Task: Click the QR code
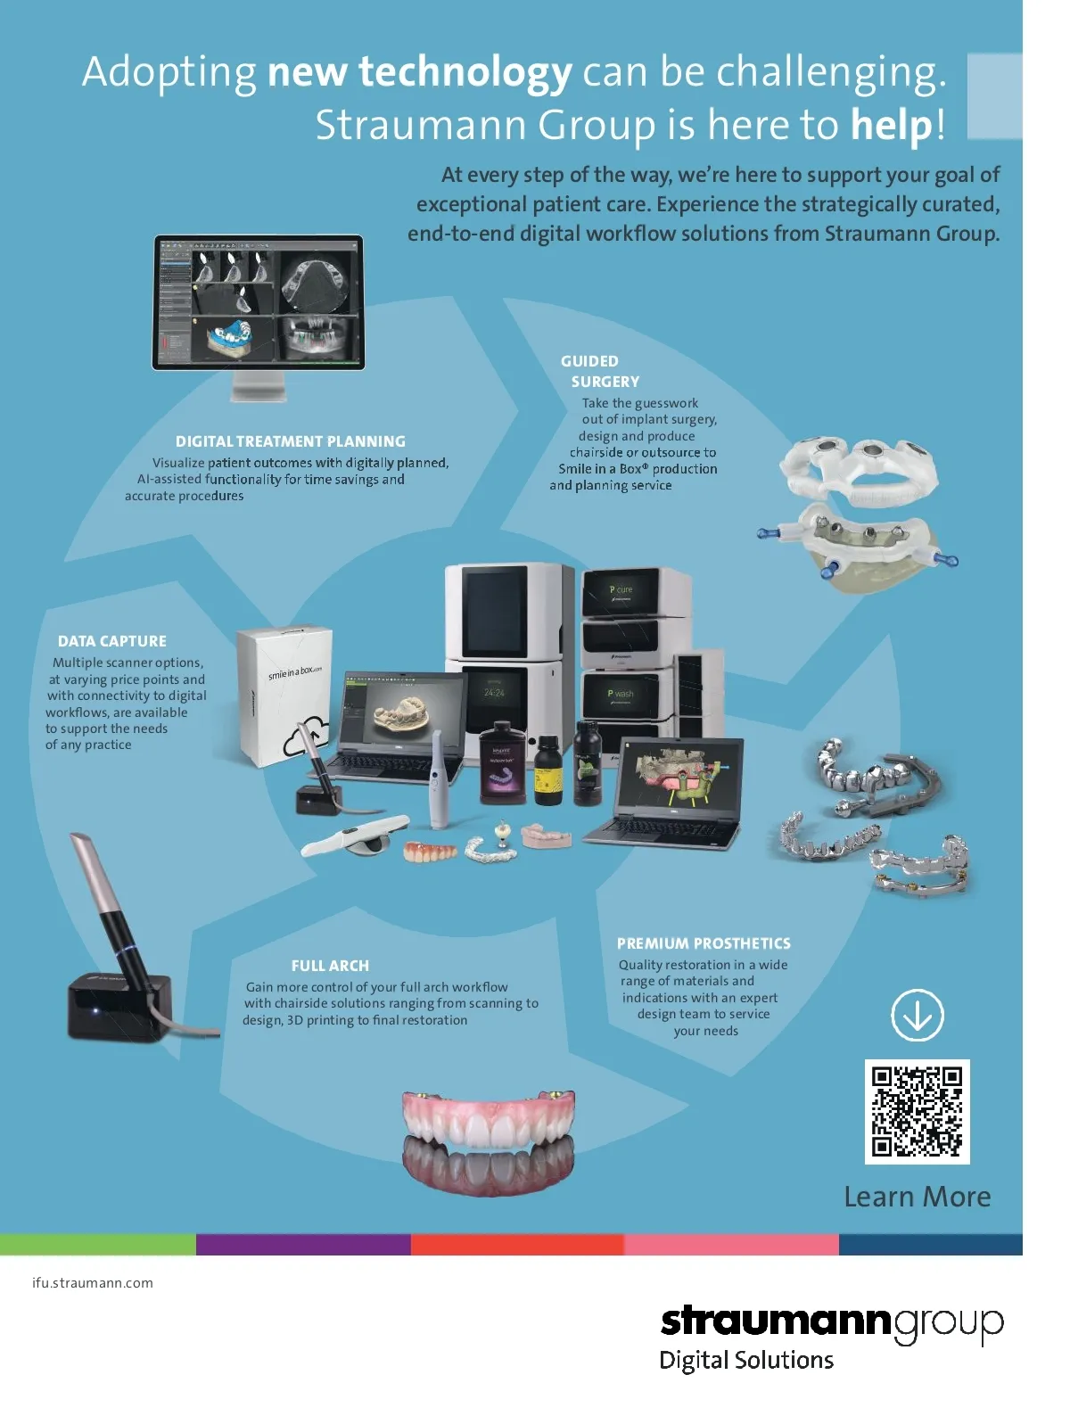[x=917, y=1111]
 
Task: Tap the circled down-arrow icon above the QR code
[x=917, y=1015]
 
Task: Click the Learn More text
[x=917, y=1197]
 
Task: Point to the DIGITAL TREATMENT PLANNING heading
[x=290, y=441]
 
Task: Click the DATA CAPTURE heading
[x=112, y=641]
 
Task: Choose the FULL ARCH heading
[x=330, y=966]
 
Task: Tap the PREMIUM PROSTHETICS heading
[x=704, y=943]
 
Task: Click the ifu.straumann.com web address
[x=93, y=1283]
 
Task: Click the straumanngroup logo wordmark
[x=831, y=1321]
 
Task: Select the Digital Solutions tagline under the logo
[x=746, y=1360]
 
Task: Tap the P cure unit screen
[x=621, y=592]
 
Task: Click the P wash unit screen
[x=621, y=695]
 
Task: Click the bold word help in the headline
[x=893, y=125]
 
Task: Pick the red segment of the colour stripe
[x=517, y=1245]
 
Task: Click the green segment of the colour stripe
[x=98, y=1245]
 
